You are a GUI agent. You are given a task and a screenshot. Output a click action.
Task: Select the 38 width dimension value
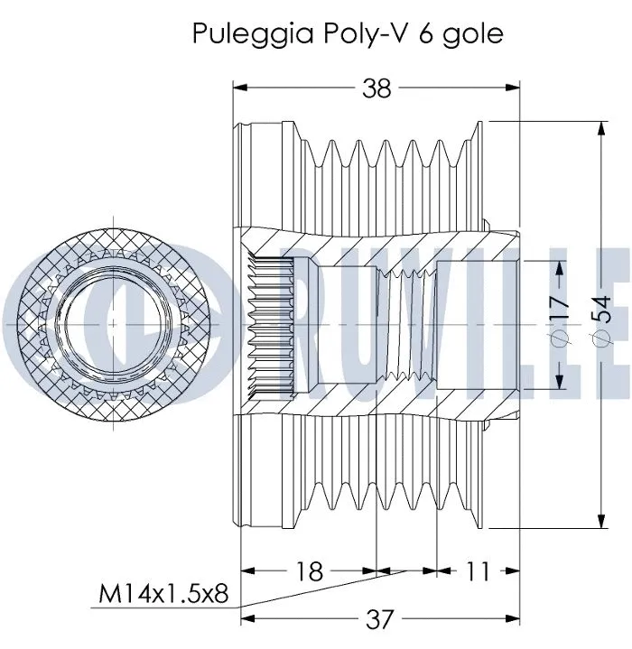point(376,88)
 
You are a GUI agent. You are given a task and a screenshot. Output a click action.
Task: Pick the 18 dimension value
point(310,570)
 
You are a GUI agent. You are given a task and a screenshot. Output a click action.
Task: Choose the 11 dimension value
point(479,570)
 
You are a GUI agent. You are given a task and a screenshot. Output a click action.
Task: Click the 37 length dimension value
point(381,618)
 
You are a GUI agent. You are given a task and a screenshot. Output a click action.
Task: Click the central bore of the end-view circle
point(112,320)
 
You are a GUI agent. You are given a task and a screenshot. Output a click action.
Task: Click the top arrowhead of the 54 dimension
point(601,127)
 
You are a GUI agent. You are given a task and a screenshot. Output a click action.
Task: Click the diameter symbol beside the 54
point(600,338)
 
